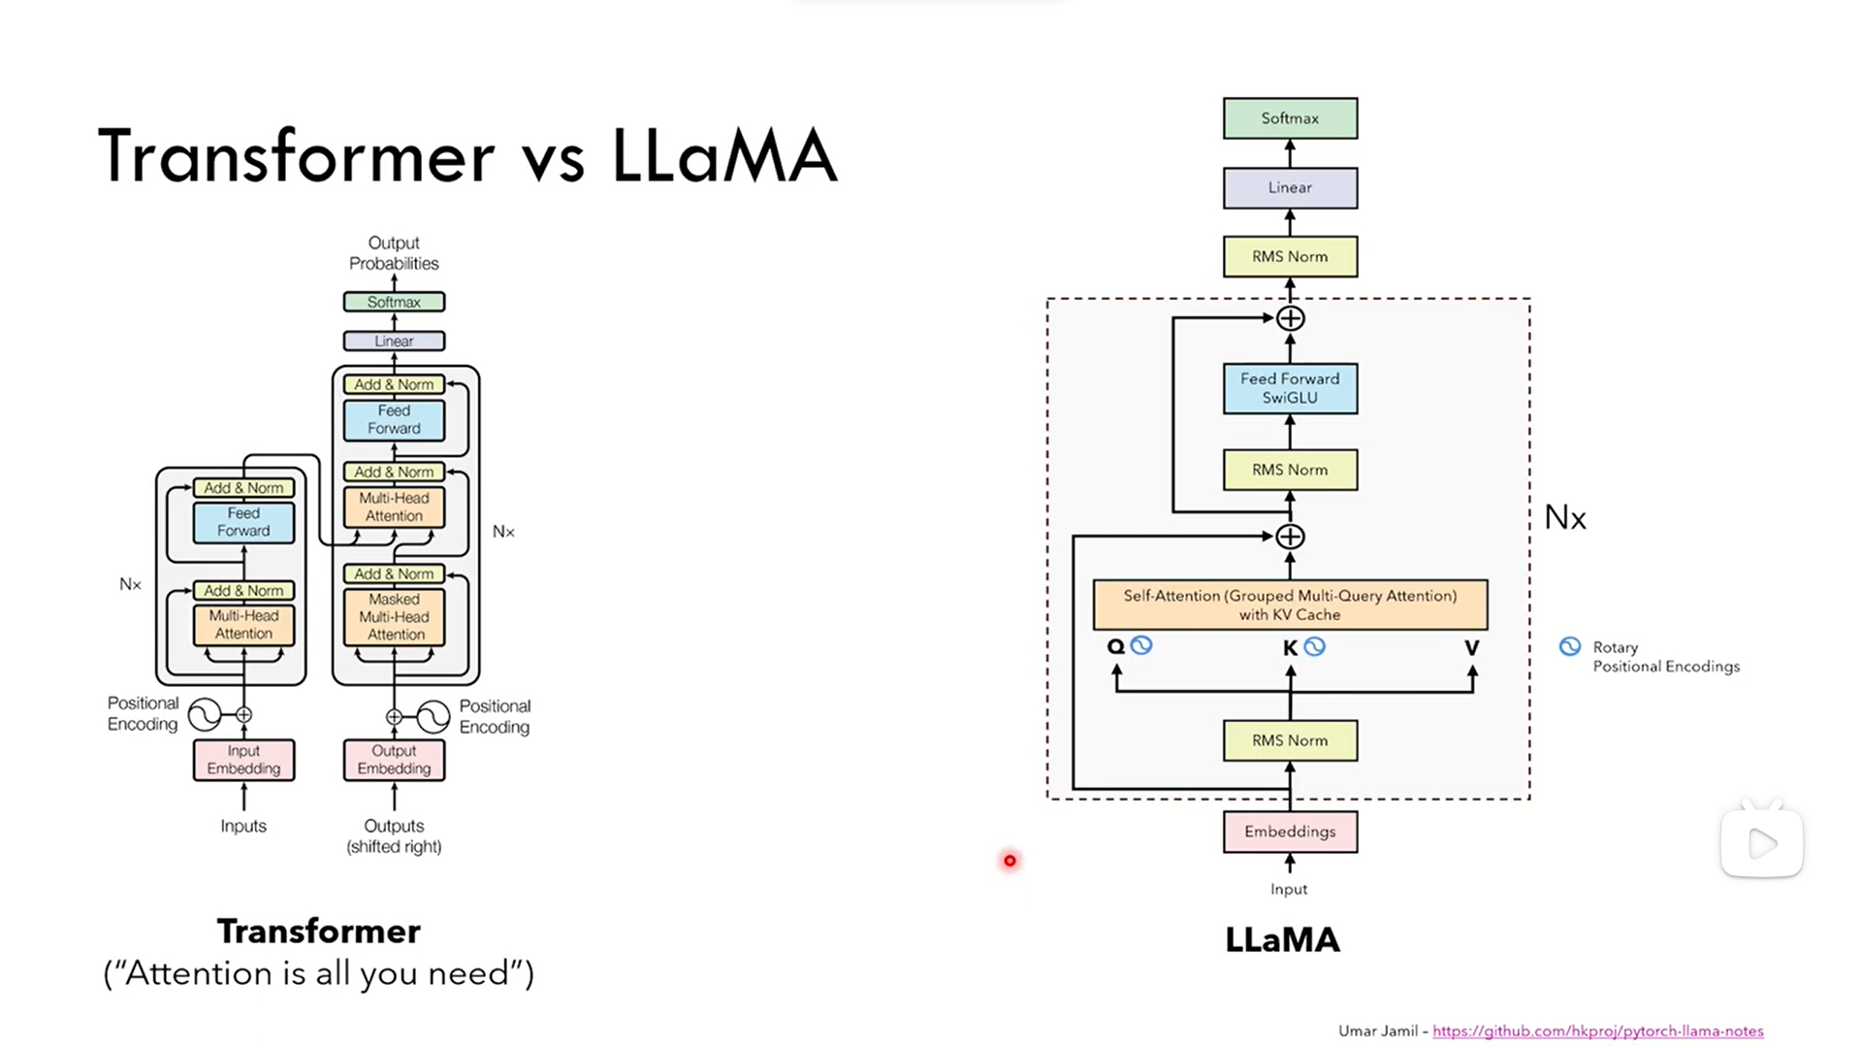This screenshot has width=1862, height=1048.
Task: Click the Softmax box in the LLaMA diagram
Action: [x=1290, y=118]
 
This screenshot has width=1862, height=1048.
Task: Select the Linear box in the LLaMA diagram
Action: [x=1290, y=187]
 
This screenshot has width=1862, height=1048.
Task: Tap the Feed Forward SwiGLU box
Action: [x=1290, y=388]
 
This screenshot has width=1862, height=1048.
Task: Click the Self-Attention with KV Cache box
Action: [x=1290, y=605]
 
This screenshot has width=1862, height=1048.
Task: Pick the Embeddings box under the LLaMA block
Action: [x=1290, y=832]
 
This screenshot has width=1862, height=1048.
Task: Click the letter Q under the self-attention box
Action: [x=1115, y=646]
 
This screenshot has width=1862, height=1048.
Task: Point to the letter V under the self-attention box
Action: [x=1471, y=647]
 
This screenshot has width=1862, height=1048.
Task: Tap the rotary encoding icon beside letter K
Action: [x=1314, y=646]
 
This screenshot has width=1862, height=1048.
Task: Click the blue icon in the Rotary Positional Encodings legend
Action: [x=1569, y=646]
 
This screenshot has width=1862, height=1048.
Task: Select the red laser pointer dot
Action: [x=1010, y=861]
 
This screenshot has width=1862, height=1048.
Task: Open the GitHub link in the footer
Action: [x=1597, y=1031]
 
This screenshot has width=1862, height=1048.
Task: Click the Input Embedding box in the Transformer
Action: [x=243, y=760]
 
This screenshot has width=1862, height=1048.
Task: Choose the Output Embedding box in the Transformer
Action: [x=394, y=760]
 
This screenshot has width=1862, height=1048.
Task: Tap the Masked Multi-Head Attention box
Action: [x=394, y=617]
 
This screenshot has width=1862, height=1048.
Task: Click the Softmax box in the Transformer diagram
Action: [x=394, y=302]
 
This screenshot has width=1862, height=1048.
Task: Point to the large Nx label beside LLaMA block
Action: [x=1565, y=517]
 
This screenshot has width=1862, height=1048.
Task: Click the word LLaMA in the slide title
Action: [x=723, y=155]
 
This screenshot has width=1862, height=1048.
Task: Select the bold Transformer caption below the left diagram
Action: [x=318, y=932]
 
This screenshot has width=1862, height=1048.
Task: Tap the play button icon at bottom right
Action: [x=1762, y=843]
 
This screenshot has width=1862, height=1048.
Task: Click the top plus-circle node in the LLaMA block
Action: [x=1290, y=318]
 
